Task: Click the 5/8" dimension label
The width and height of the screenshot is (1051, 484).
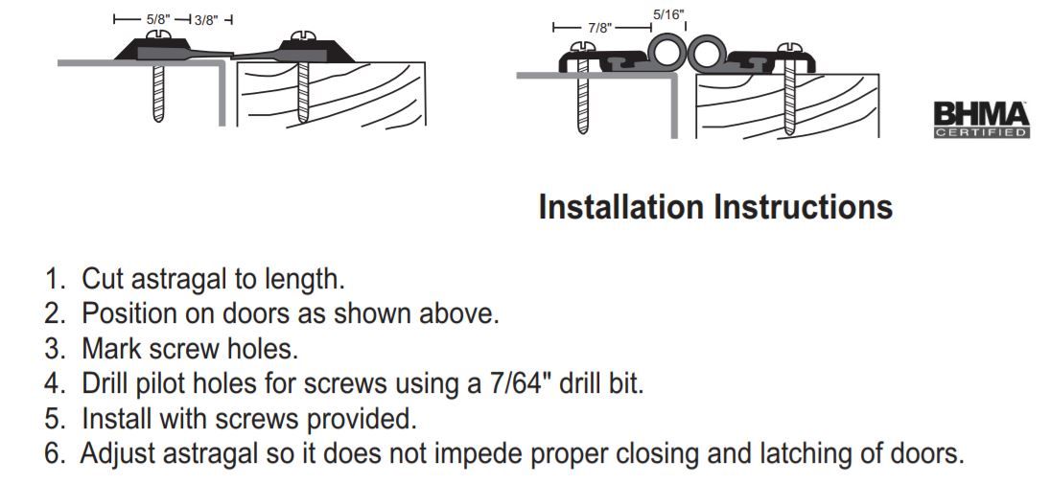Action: click(x=159, y=19)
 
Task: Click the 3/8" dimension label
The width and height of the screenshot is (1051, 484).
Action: click(x=206, y=20)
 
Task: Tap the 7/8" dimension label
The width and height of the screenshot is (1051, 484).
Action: click(x=600, y=28)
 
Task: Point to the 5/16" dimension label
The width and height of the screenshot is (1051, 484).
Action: click(x=667, y=14)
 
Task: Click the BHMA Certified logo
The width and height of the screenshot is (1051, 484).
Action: click(x=981, y=120)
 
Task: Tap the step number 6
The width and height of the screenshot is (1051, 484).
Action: click(x=54, y=454)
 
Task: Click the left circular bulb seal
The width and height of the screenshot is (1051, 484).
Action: click(x=666, y=53)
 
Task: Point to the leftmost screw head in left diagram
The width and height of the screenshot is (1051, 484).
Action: click(x=158, y=35)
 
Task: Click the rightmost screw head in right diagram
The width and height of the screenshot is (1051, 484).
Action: click(x=789, y=48)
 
